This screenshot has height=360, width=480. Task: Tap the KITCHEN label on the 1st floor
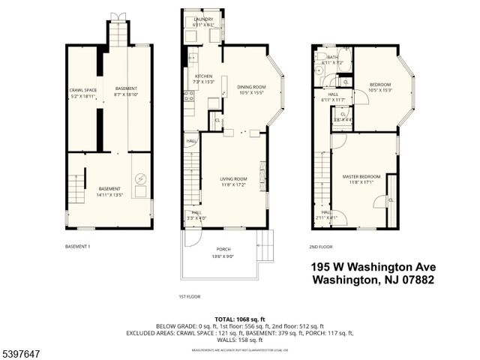(x=204, y=76)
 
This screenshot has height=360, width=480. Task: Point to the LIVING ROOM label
(x=233, y=178)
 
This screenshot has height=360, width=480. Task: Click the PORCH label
(x=223, y=249)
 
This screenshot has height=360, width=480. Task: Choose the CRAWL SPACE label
(x=79, y=90)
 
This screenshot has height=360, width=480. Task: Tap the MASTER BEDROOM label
(x=361, y=176)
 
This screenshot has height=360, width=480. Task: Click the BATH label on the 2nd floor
(x=332, y=56)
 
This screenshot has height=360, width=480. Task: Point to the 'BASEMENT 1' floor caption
(x=78, y=246)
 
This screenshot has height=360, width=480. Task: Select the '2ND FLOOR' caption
(x=320, y=246)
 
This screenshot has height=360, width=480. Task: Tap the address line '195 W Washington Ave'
(x=373, y=267)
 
